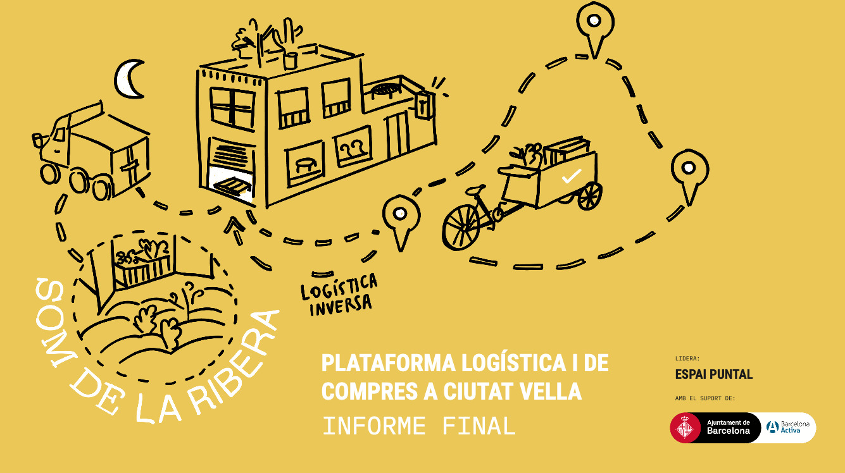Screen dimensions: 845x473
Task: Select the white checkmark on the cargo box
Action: point(571,176)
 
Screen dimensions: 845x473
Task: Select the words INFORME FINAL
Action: point(419,426)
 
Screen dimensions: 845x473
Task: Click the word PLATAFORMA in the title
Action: point(388,364)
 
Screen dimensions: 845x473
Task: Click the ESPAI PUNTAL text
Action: point(713,374)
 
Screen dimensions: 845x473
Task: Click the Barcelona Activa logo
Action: point(788,427)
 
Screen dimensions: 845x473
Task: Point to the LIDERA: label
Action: point(687,359)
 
